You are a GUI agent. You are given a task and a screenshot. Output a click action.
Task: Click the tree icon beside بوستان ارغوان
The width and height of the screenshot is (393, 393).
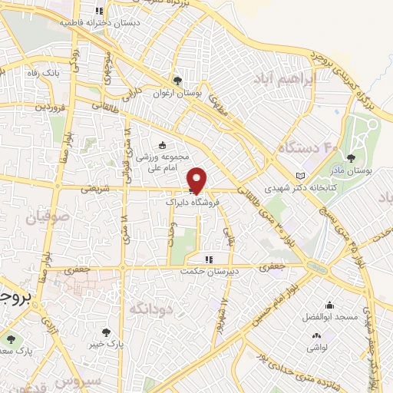(x=178, y=81)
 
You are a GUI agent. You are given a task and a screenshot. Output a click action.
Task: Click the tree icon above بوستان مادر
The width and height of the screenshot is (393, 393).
(x=351, y=159)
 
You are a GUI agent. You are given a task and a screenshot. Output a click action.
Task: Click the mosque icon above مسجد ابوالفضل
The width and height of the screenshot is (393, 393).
(x=330, y=305)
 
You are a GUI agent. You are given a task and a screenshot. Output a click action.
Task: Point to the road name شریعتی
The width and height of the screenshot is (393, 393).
(x=94, y=188)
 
